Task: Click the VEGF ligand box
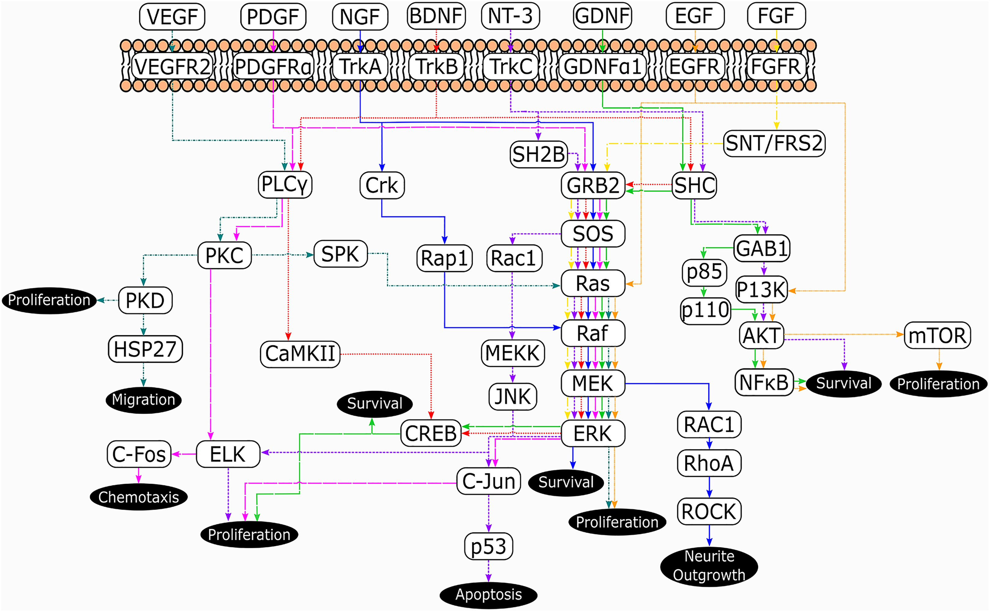(x=172, y=16)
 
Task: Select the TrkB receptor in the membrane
(x=436, y=66)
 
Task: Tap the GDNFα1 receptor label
(x=602, y=66)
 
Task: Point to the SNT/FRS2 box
(x=774, y=143)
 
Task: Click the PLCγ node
(x=285, y=185)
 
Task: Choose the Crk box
(x=382, y=185)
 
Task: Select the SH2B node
(x=538, y=154)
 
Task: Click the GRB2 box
(x=593, y=185)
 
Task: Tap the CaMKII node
(x=300, y=354)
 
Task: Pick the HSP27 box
(x=145, y=349)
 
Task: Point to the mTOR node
(x=937, y=335)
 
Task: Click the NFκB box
(x=764, y=382)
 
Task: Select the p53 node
(x=489, y=546)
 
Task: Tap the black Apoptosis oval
(x=489, y=595)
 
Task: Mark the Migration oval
(x=144, y=400)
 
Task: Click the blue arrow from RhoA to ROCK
(x=709, y=487)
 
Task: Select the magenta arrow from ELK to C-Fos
(x=184, y=454)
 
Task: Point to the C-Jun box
(x=489, y=481)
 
